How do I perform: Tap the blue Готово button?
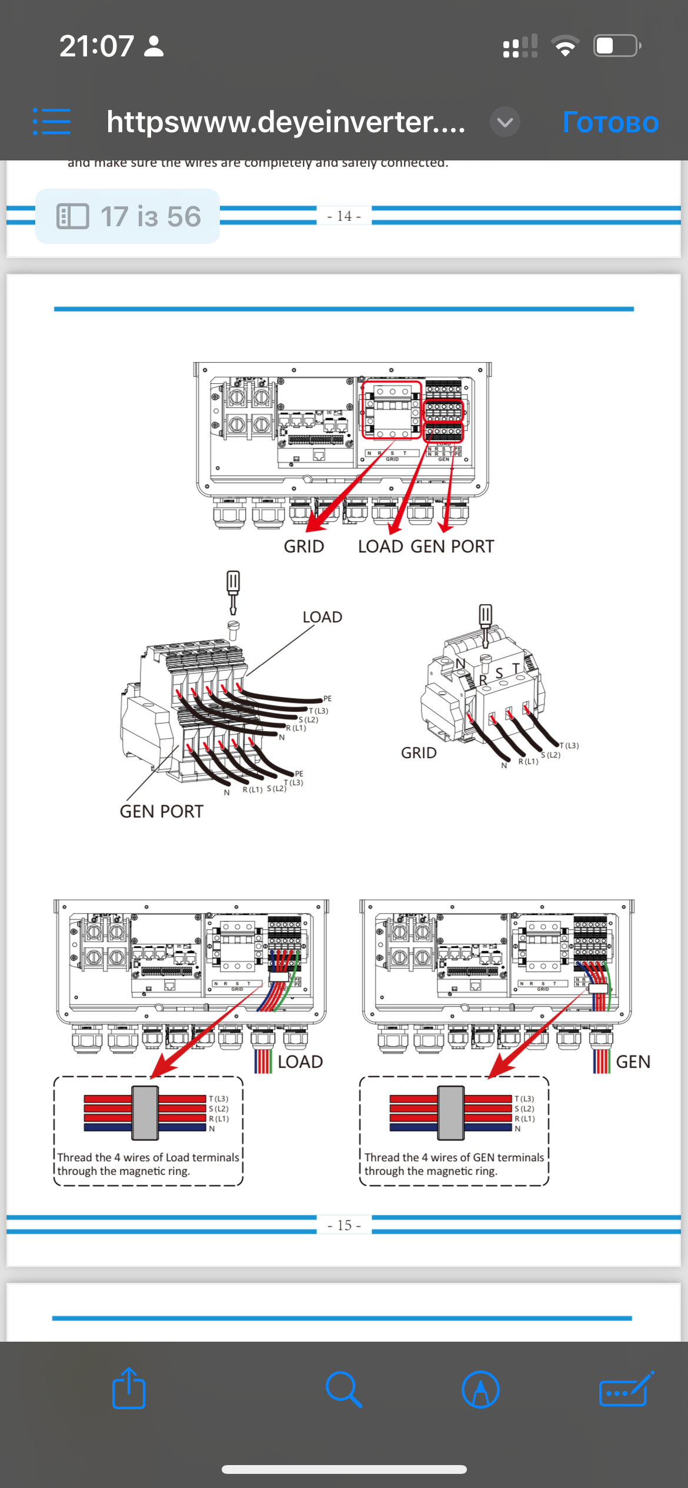click(610, 122)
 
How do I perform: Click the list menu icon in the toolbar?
click(52, 122)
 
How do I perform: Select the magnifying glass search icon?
click(343, 1389)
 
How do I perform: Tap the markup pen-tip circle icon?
click(480, 1389)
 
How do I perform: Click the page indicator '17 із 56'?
click(128, 216)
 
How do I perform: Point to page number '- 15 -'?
click(344, 1225)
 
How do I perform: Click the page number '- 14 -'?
click(344, 216)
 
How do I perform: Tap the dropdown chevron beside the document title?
click(505, 122)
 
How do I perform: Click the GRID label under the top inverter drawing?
click(304, 547)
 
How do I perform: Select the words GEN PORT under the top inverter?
click(452, 547)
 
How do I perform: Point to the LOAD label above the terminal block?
click(322, 617)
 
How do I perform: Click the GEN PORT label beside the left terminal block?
click(162, 812)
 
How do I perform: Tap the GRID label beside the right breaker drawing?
click(419, 753)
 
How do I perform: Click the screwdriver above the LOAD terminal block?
click(233, 591)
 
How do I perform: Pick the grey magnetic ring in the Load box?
click(145, 1113)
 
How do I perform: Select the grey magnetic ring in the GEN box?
click(451, 1113)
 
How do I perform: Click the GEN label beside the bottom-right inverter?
click(633, 1062)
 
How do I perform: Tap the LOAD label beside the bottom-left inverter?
click(300, 1062)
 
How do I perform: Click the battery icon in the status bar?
click(616, 46)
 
